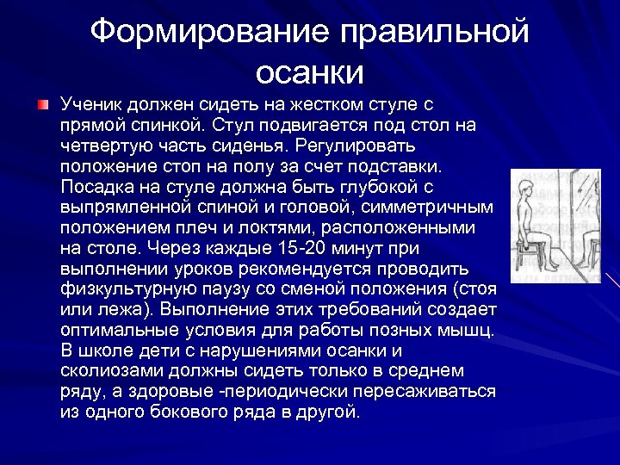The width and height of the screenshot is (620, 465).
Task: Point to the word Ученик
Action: tap(91, 105)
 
